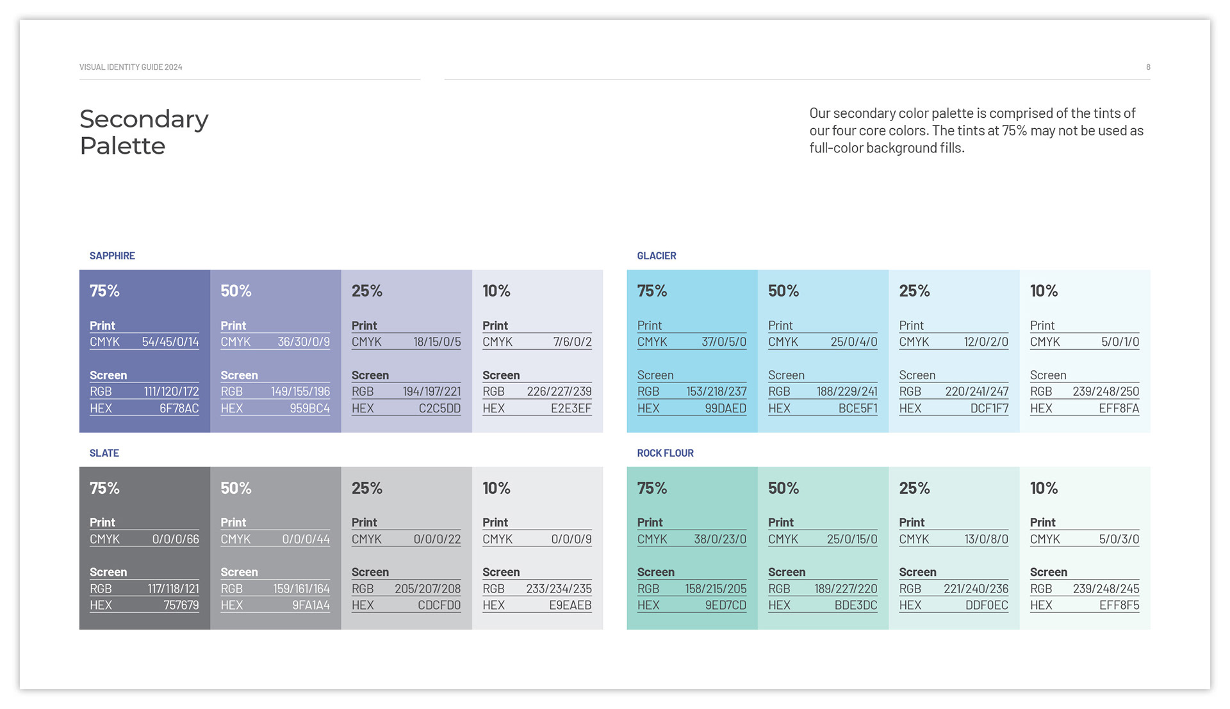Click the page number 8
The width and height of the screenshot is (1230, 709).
pyautogui.click(x=1148, y=67)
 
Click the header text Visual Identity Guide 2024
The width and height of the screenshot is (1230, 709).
pyautogui.click(x=131, y=67)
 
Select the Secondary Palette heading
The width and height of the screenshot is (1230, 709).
pyautogui.click(x=144, y=133)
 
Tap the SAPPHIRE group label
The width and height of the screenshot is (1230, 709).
pyautogui.click(x=112, y=256)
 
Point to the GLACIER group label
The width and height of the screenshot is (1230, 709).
pyautogui.click(x=656, y=256)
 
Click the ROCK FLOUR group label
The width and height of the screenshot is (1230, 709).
pyautogui.click(x=665, y=453)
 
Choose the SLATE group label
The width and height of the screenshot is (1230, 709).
pyautogui.click(x=104, y=453)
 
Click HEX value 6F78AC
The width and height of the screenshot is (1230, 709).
pyautogui.click(x=179, y=409)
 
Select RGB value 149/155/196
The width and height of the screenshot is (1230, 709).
pyautogui.click(x=300, y=391)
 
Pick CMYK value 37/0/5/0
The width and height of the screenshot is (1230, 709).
pyautogui.click(x=723, y=342)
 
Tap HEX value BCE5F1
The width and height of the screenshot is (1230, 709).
pyautogui.click(x=858, y=409)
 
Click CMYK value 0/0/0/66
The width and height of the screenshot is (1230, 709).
pyautogui.click(x=176, y=539)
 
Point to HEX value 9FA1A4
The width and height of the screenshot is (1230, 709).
pyautogui.click(x=311, y=605)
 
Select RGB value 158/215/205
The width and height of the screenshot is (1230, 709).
pyautogui.click(x=716, y=589)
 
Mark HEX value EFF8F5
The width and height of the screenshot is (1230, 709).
pyautogui.click(x=1119, y=605)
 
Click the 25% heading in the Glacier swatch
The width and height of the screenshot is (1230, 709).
pyautogui.click(x=914, y=291)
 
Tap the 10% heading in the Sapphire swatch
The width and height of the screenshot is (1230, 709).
pyautogui.click(x=496, y=291)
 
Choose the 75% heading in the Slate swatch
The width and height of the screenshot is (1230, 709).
pyautogui.click(x=104, y=488)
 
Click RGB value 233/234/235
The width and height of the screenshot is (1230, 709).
pyautogui.click(x=559, y=589)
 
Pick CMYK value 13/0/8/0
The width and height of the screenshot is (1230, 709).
pyautogui.click(x=986, y=539)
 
